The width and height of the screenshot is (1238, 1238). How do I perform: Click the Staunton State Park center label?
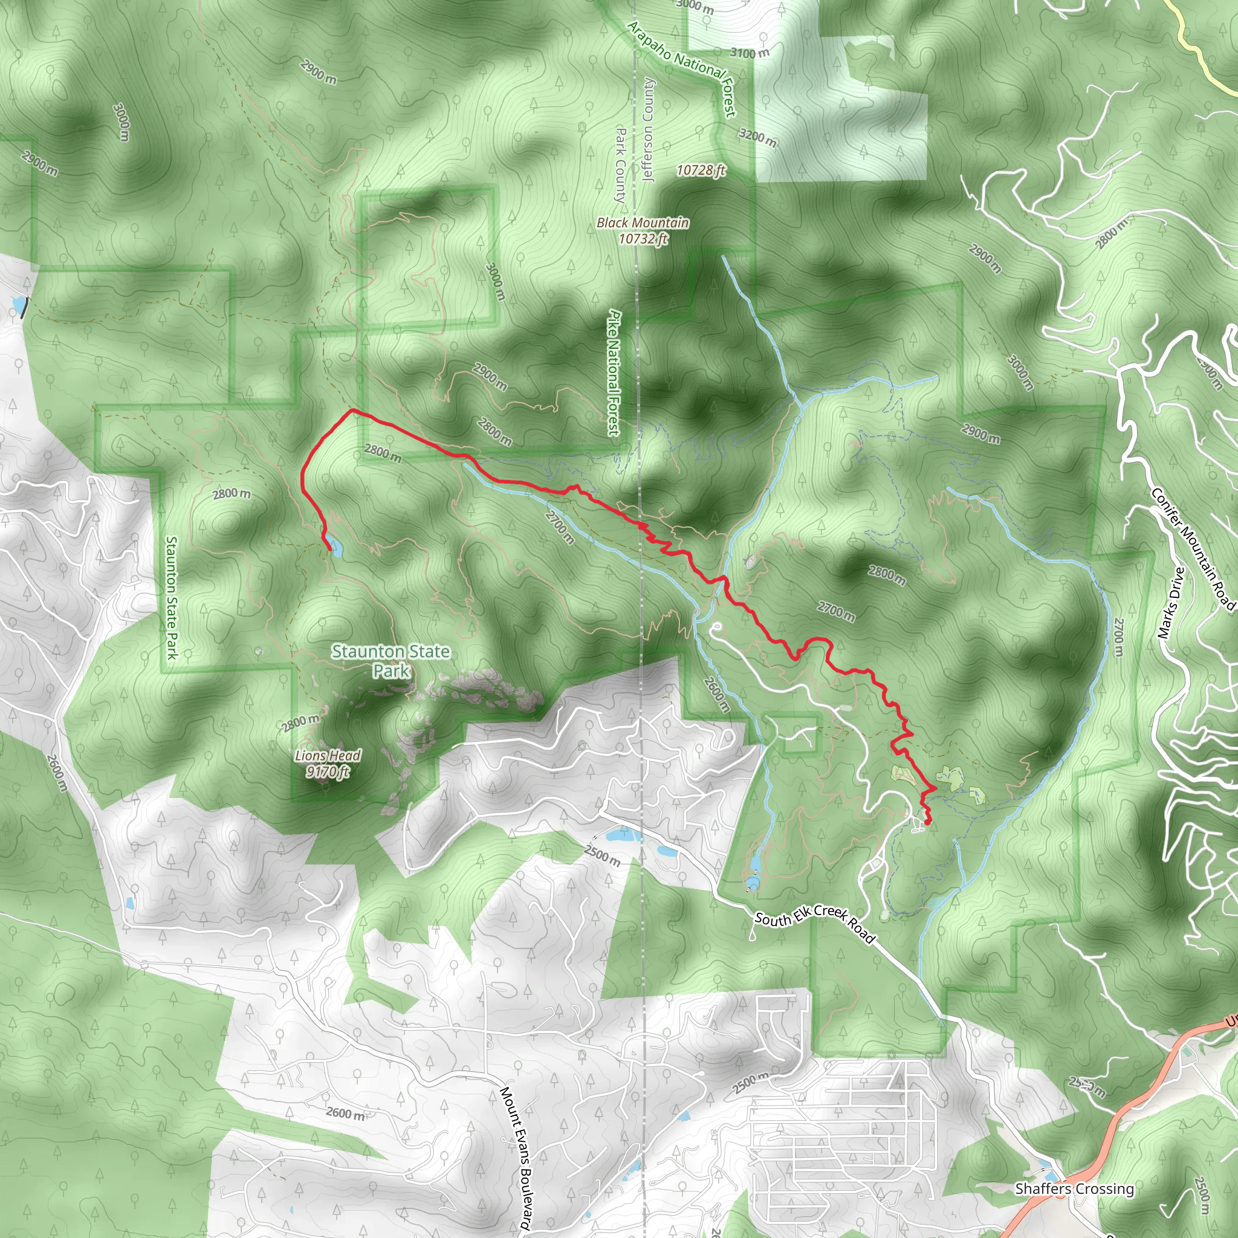click(391, 661)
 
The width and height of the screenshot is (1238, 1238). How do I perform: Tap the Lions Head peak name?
click(328, 756)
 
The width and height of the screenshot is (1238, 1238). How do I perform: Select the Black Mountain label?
click(643, 222)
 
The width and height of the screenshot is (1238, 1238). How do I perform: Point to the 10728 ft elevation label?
click(701, 170)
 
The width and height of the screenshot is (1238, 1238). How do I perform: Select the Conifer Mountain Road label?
click(1193, 548)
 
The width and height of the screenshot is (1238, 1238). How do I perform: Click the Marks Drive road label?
click(1172, 603)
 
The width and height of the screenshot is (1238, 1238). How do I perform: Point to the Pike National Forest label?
click(614, 373)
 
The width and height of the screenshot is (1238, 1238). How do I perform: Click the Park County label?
click(620, 165)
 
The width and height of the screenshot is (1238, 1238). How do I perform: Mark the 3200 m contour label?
click(758, 137)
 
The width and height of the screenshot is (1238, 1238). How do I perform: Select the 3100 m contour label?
click(750, 53)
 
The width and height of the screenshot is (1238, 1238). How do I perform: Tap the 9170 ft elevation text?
click(328, 771)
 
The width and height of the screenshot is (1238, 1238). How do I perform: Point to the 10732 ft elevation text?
click(643, 239)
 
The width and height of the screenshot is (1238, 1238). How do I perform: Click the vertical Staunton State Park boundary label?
click(171, 597)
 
